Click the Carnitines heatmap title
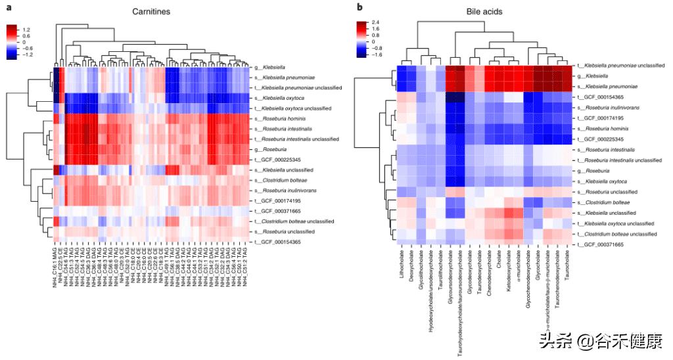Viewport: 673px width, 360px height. pyautogui.click(x=150, y=12)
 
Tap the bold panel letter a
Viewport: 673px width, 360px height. pyautogui.click(x=9, y=7)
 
